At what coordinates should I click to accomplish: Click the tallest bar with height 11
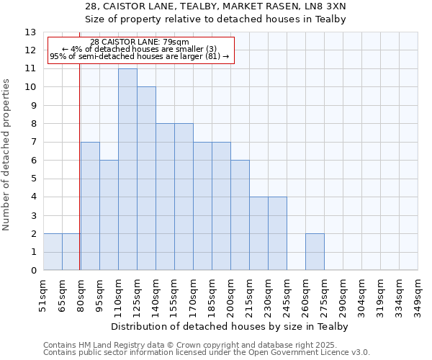pos(127,169)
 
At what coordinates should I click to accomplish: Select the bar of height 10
pos(146,179)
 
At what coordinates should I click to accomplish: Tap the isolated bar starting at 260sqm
pos(315,252)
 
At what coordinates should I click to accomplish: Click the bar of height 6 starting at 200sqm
pos(240,215)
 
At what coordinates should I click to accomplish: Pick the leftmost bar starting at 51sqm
pos(53,252)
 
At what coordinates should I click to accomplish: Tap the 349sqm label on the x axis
pos(418,295)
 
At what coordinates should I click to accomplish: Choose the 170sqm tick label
pos(194,295)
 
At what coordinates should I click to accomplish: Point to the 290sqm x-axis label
pos(343,295)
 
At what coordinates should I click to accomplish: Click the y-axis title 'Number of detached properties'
pos(7,155)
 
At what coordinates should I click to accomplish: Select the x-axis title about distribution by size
pos(230,326)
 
